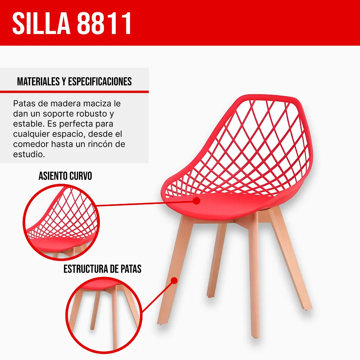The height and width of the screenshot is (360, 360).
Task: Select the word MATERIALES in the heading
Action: (x=38, y=82)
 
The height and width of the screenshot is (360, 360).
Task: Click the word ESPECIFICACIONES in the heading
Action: (x=100, y=82)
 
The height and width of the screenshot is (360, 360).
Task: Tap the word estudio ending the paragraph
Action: (x=29, y=154)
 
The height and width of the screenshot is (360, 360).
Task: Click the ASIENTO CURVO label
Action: (x=65, y=176)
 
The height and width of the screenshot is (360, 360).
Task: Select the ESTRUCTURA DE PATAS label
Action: (x=102, y=269)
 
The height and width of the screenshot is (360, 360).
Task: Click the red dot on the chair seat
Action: (x=196, y=201)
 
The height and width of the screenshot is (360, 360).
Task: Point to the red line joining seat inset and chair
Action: (x=144, y=204)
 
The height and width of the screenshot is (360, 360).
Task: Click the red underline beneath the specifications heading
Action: (x=74, y=92)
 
